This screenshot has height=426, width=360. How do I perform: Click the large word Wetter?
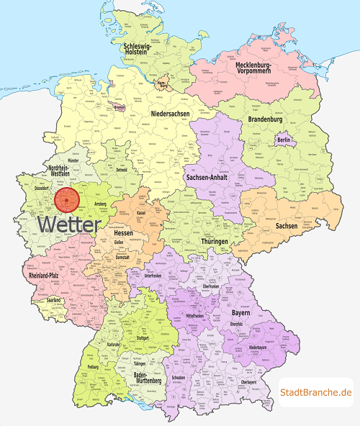tap(69, 224)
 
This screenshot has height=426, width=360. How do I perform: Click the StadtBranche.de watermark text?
tap(316, 392)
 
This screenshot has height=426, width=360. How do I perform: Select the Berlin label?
tap(283, 139)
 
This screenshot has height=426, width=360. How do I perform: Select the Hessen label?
tap(123, 235)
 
